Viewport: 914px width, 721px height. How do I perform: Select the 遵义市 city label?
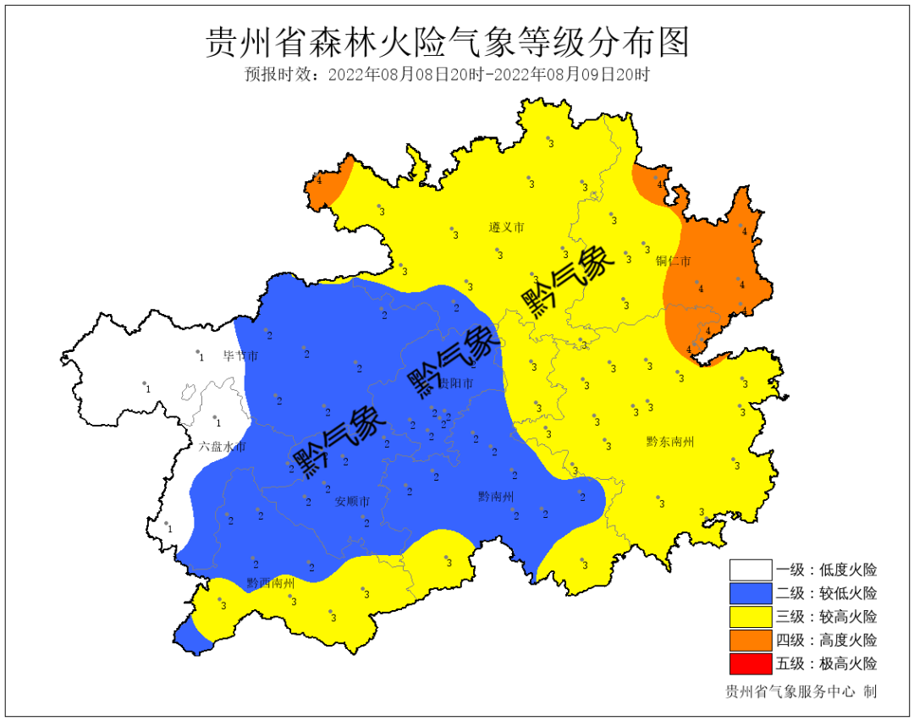507,228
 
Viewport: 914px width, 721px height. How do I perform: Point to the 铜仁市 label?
674,261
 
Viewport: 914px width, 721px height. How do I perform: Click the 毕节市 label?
240,356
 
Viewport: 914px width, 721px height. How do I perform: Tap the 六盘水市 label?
223,446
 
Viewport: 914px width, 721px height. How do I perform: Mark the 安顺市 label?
352,502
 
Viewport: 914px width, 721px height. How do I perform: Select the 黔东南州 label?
670,441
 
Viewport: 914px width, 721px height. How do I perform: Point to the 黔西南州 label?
271,583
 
